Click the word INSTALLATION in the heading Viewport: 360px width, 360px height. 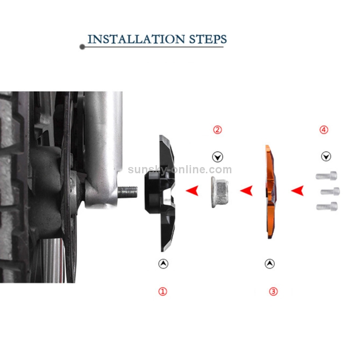click(x=136, y=39)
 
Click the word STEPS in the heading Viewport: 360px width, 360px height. click(x=208, y=39)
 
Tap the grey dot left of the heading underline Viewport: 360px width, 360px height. click(x=82, y=47)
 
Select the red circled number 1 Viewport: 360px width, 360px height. click(x=163, y=291)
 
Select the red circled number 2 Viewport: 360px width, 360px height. click(x=217, y=130)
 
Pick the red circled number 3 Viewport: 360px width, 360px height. click(x=273, y=291)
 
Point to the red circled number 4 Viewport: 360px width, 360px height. click(x=324, y=130)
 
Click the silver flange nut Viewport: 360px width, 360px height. click(x=220, y=192)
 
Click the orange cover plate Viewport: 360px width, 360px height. click(x=271, y=192)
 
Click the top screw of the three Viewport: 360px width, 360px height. click(x=326, y=176)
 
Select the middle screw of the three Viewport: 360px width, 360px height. click(x=330, y=191)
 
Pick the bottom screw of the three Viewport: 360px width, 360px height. click(x=327, y=206)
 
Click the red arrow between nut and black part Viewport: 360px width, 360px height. click(x=192, y=191)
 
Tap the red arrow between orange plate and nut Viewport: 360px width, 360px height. click(x=247, y=191)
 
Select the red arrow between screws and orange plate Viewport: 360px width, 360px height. click(x=298, y=191)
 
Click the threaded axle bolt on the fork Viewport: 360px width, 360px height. click(x=128, y=192)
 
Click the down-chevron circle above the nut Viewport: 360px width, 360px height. click(x=217, y=157)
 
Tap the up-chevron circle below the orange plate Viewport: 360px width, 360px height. click(x=270, y=264)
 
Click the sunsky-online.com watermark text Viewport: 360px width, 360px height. click(x=180, y=169)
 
